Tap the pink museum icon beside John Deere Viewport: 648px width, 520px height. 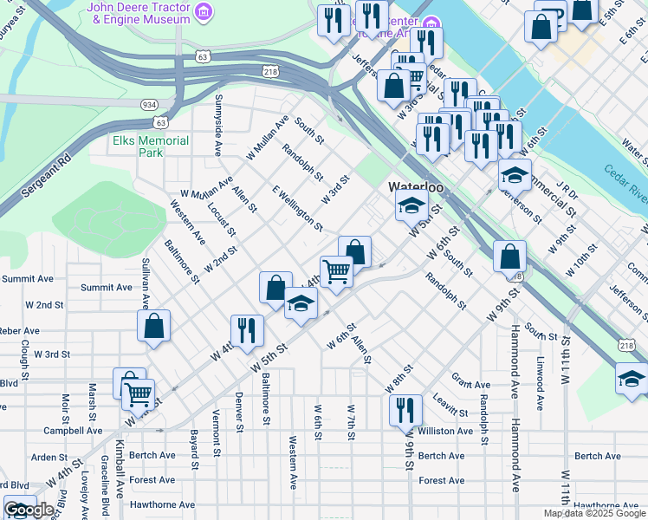(204, 11)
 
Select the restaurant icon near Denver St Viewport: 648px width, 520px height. (247, 329)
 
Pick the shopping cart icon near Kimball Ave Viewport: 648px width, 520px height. (138, 395)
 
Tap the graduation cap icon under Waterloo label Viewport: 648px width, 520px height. (411, 206)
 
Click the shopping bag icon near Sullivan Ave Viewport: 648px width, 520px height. (153, 327)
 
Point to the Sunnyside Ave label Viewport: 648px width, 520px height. (217, 116)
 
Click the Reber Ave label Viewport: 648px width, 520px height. (20, 330)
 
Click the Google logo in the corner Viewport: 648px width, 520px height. (29, 510)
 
